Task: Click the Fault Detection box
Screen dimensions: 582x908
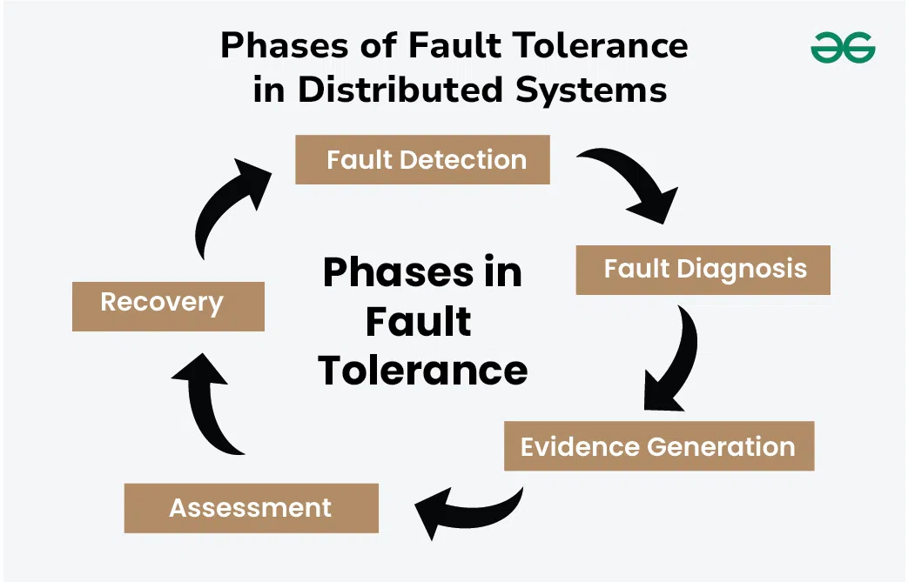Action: [x=422, y=160]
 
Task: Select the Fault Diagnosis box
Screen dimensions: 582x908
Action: [x=703, y=270]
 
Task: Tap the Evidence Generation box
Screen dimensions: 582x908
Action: [x=658, y=447]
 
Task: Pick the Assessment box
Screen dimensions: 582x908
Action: [x=251, y=508]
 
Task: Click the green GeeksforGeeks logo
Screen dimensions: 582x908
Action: [x=842, y=47]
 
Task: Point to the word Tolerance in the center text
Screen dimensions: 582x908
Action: [x=423, y=370]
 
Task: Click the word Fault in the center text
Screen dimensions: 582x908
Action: [x=418, y=321]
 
